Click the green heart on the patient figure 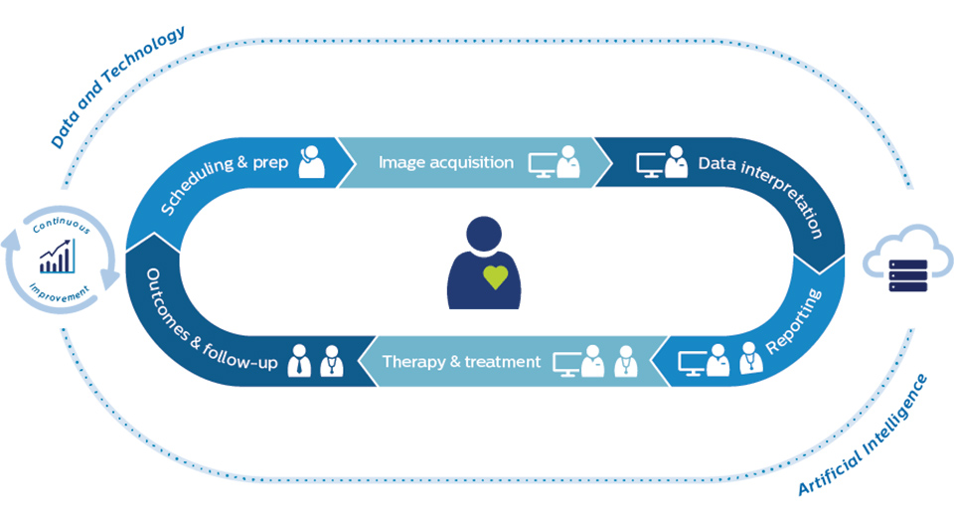point(495,277)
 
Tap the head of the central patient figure point(484,234)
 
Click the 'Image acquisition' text point(446,162)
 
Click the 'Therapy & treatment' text point(461,362)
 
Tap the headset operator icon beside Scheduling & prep point(311,162)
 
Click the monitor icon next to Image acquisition point(543,165)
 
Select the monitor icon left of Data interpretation point(650,165)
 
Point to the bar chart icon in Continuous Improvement point(58,256)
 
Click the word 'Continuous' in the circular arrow point(62,225)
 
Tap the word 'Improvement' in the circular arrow point(60,294)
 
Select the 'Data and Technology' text point(117,87)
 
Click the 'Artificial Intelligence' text point(863,435)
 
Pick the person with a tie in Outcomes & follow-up point(298,361)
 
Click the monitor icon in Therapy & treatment point(567,364)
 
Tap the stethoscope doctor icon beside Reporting point(751,357)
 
